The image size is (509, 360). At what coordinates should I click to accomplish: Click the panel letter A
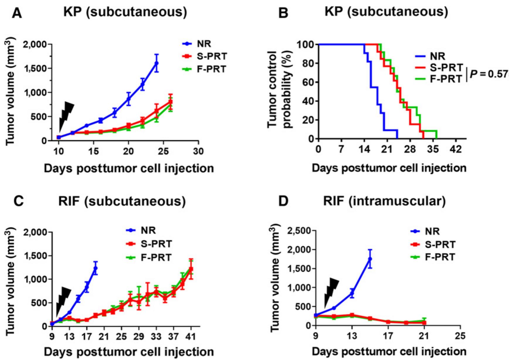click(17, 13)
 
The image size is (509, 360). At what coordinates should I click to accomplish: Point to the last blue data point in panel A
click(157, 63)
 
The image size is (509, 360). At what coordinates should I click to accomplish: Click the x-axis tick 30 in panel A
click(199, 151)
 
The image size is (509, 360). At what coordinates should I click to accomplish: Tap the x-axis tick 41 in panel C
click(191, 337)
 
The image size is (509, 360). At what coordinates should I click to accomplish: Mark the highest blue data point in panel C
click(95, 268)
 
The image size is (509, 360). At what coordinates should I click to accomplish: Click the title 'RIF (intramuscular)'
click(384, 201)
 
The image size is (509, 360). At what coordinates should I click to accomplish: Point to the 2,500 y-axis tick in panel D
click(298, 231)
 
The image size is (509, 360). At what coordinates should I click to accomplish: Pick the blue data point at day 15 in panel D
click(370, 259)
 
